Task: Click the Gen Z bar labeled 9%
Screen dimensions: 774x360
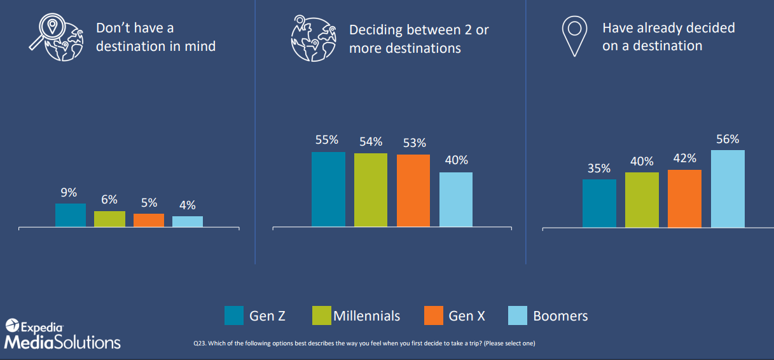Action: [71, 215]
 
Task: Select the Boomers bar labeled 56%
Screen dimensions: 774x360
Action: [728, 189]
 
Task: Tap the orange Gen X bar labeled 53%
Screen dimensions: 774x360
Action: [413, 190]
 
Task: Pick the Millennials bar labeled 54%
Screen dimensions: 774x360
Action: [371, 190]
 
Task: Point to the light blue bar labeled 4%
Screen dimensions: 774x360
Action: [188, 221]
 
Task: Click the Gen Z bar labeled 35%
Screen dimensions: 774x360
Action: [599, 203]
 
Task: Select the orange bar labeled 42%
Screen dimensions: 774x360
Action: [684, 198]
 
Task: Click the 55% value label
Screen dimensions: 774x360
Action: [327, 140]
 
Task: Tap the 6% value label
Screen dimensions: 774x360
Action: [109, 199]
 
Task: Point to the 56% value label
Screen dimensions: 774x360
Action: [728, 139]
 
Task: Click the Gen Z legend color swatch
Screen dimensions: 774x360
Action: [234, 315]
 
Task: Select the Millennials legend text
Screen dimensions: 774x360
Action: [366, 315]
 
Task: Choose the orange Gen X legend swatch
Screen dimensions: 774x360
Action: [434, 315]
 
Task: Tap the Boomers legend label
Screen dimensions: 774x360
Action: [560, 315]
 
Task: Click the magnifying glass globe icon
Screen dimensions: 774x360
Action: [57, 38]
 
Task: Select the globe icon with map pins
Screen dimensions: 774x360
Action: [314, 38]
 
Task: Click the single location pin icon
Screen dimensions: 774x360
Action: [574, 36]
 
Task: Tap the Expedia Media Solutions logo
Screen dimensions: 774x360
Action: [62, 334]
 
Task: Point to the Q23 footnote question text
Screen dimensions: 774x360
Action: [364, 343]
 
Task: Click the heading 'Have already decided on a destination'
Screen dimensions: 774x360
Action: [668, 37]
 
